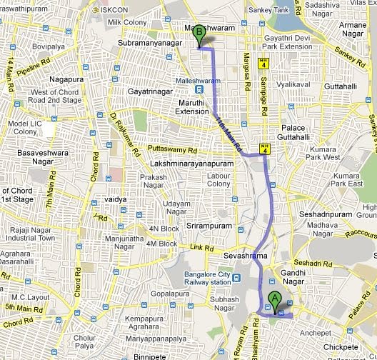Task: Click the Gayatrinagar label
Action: coord(150,93)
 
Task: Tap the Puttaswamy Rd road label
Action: coord(171,150)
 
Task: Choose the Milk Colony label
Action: coord(121,23)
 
